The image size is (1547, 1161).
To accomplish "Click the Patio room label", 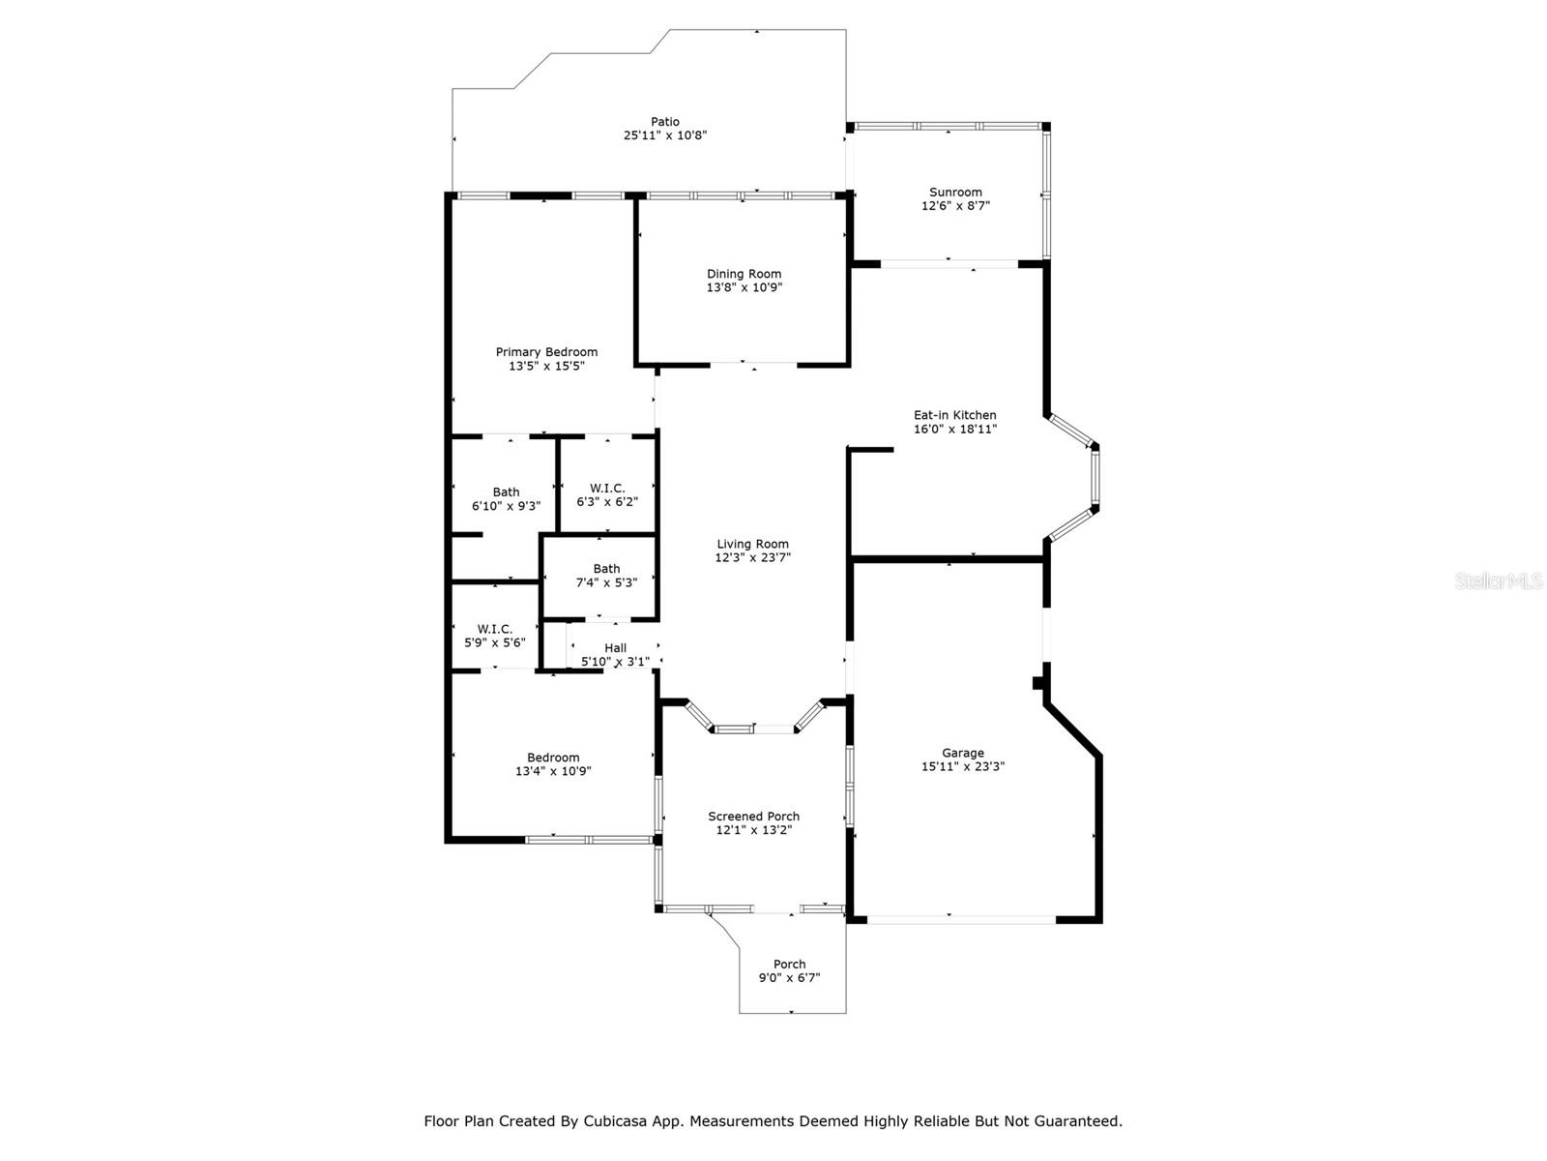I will click(664, 122).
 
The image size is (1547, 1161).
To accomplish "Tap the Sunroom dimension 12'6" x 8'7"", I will click(955, 206).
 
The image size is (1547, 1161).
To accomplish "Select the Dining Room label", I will click(744, 274).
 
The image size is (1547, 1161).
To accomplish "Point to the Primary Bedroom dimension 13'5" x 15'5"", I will click(546, 367).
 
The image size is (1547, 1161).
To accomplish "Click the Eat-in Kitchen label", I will click(955, 415).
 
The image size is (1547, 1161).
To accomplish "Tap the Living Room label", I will click(752, 544).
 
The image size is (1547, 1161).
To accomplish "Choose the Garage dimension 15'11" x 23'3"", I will click(963, 767).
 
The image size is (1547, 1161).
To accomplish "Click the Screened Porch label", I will click(753, 817).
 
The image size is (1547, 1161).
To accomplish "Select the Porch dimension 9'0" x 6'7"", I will click(789, 978).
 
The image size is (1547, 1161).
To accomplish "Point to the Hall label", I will click(615, 648).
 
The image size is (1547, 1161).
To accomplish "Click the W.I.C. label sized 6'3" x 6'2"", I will click(607, 489).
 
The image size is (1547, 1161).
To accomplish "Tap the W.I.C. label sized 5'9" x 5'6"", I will click(494, 629).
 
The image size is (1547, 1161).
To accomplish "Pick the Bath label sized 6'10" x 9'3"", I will click(506, 491).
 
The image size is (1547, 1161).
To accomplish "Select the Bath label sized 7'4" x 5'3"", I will click(606, 569).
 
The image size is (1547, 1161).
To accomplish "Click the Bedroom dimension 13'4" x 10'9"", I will click(553, 772).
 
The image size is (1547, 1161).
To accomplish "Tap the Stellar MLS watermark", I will click(1499, 581).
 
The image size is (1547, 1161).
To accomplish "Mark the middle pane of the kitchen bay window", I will click(1095, 478).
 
